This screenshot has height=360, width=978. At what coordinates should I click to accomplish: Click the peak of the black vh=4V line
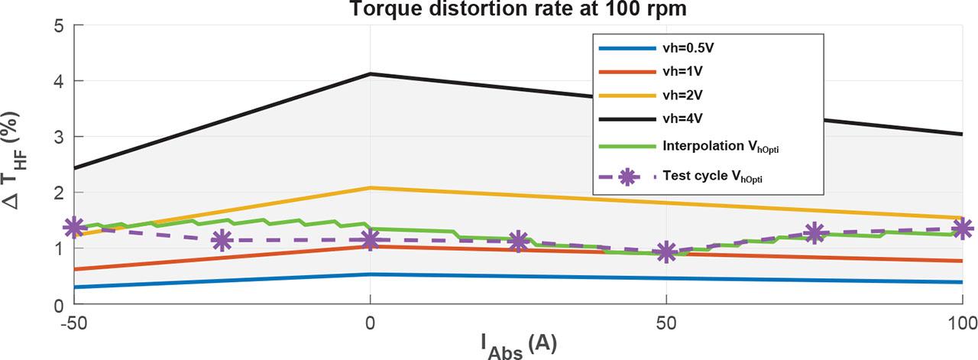371,74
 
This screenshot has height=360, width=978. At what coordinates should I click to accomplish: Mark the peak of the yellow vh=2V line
371,187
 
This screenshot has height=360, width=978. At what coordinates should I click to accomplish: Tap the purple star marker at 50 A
666,252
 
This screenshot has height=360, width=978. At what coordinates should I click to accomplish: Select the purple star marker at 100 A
962,228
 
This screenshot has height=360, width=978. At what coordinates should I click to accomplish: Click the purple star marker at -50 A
74,227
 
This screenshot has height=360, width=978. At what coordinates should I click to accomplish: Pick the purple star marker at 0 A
371,240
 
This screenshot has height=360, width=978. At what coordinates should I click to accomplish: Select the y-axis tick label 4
57,81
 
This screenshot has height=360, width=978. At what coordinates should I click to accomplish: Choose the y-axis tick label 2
57,193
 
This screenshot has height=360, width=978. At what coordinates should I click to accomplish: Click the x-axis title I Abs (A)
519,343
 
